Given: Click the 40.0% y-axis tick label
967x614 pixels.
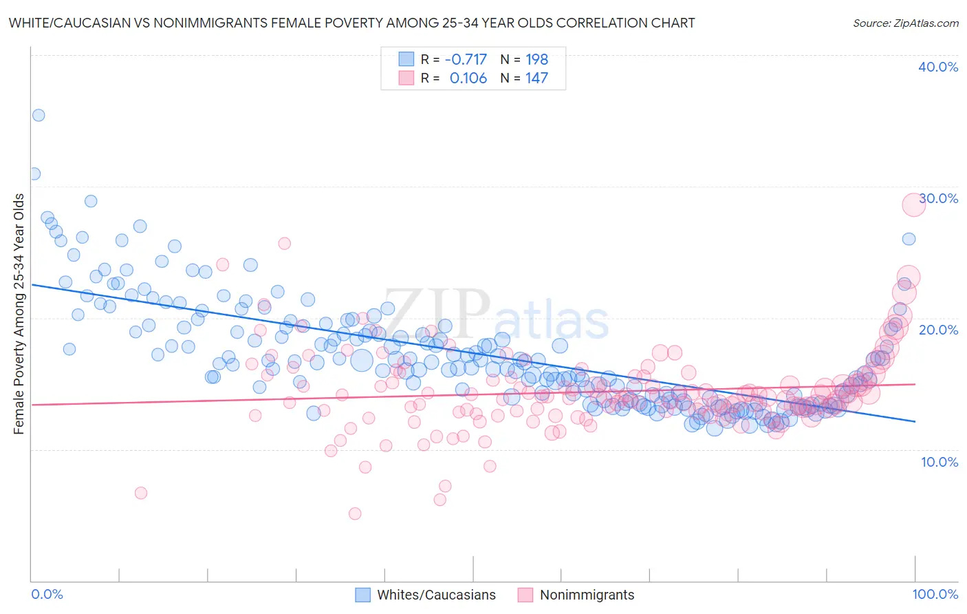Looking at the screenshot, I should [x=938, y=67].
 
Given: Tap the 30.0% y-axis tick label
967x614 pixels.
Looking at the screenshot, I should [x=938, y=198].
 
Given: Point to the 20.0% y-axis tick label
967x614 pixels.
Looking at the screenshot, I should [x=938, y=330].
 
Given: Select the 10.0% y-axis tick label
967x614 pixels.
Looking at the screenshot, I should [x=939, y=462].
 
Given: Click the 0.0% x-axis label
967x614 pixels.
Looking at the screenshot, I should [x=47, y=594].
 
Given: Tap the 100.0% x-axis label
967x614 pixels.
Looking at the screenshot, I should [x=935, y=594].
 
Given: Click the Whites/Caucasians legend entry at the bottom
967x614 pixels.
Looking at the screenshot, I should [x=436, y=595].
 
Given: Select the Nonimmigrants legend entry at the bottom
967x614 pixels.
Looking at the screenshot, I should [x=587, y=595].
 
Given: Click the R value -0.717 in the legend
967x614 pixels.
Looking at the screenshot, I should [x=466, y=59].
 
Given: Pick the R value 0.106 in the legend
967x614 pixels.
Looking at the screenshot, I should [x=468, y=78].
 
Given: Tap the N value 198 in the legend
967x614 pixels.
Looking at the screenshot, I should [x=536, y=59].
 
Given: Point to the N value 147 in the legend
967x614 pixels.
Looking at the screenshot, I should [x=536, y=78].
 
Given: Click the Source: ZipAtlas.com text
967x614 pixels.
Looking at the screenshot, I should [x=905, y=23].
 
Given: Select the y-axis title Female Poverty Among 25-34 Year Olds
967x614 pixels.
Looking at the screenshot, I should [x=19, y=314].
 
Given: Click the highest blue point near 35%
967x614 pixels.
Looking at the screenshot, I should [x=39, y=115].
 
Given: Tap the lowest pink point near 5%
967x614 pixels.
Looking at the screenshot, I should [x=355, y=514].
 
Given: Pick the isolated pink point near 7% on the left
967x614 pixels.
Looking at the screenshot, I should [x=141, y=493].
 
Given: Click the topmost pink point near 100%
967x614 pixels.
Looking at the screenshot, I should [x=913, y=204].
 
